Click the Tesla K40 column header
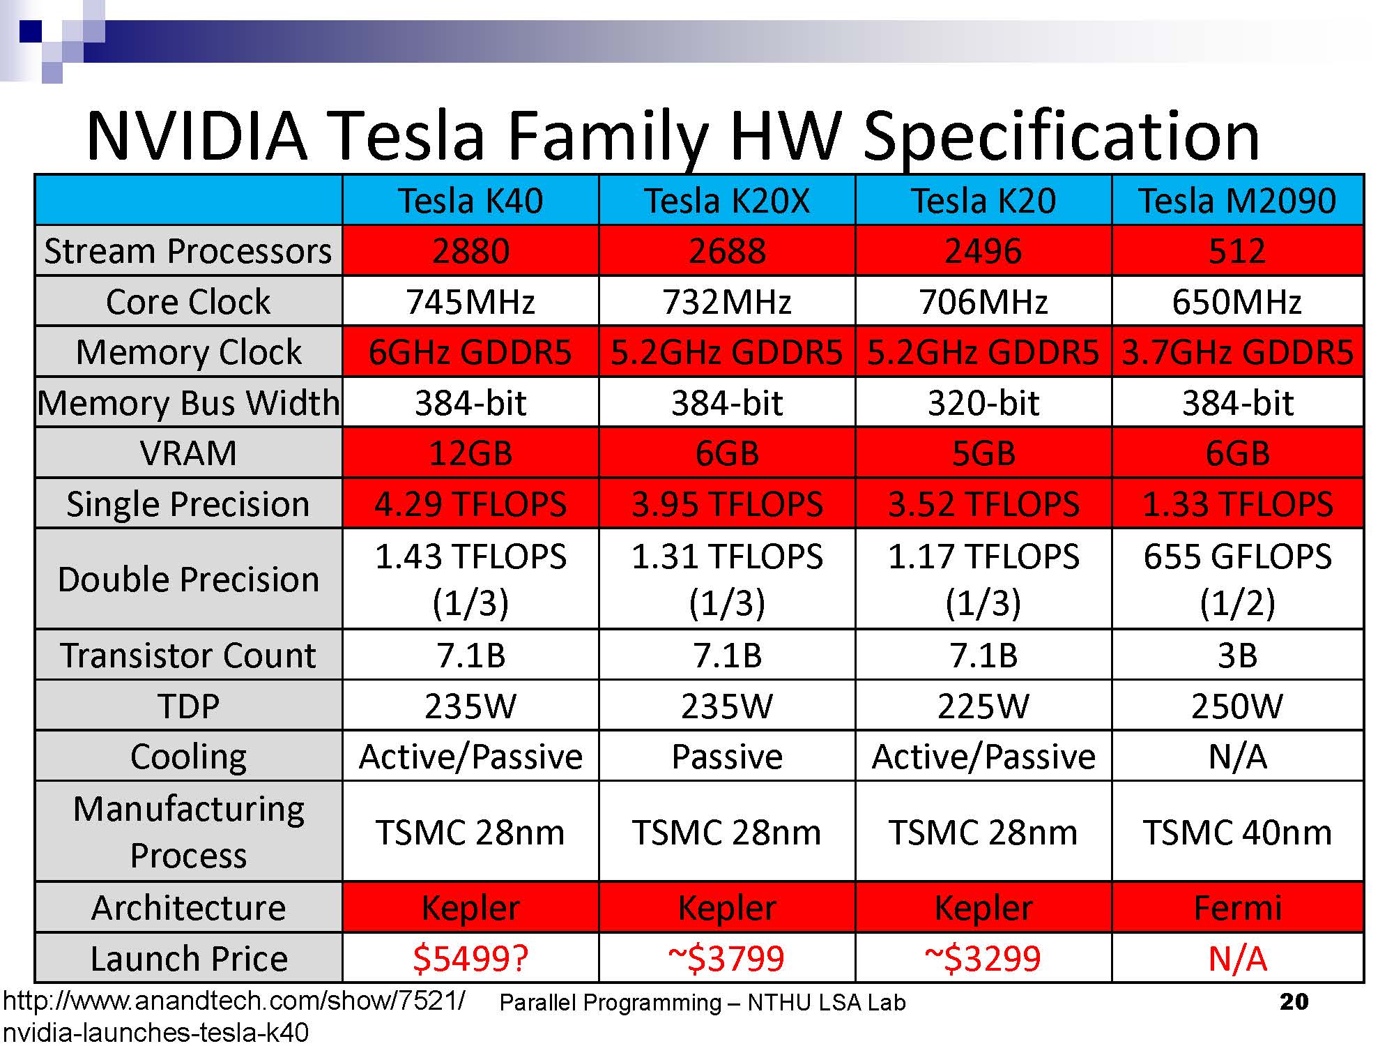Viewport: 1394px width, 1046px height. [x=470, y=201]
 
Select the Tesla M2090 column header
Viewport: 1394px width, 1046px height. [x=1237, y=201]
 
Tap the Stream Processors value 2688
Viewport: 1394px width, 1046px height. [x=727, y=251]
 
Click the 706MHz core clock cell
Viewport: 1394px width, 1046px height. [x=983, y=302]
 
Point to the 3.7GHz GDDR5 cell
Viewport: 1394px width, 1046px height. [x=1237, y=352]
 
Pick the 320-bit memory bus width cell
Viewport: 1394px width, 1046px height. [x=983, y=403]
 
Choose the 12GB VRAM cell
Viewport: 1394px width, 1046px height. [x=470, y=453]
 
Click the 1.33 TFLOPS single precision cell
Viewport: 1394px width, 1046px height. [x=1237, y=503]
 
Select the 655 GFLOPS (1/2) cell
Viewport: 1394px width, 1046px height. [x=1237, y=579]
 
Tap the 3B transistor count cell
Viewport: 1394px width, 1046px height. [x=1237, y=655]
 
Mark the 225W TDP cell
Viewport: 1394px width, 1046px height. [x=983, y=706]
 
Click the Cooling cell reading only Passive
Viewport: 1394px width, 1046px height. [x=727, y=757]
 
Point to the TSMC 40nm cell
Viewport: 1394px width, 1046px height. [x=1237, y=832]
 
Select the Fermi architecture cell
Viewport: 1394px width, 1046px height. [x=1237, y=908]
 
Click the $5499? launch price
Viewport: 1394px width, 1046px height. [x=470, y=958]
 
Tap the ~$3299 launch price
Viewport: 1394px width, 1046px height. [x=983, y=958]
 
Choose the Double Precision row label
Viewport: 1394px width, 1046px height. [x=188, y=579]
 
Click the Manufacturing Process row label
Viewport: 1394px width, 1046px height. [x=188, y=832]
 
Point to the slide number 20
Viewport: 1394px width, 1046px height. [x=1294, y=1002]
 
